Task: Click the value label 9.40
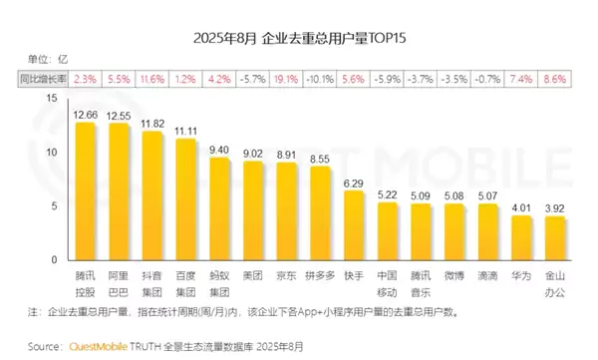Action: click(219, 149)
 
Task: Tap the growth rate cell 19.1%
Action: click(286, 77)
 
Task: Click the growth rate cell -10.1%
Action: click(320, 77)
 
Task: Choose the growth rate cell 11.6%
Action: click(152, 77)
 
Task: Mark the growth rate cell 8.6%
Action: click(555, 77)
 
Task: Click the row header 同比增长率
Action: click(43, 77)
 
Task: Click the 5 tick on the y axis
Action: click(54, 206)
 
